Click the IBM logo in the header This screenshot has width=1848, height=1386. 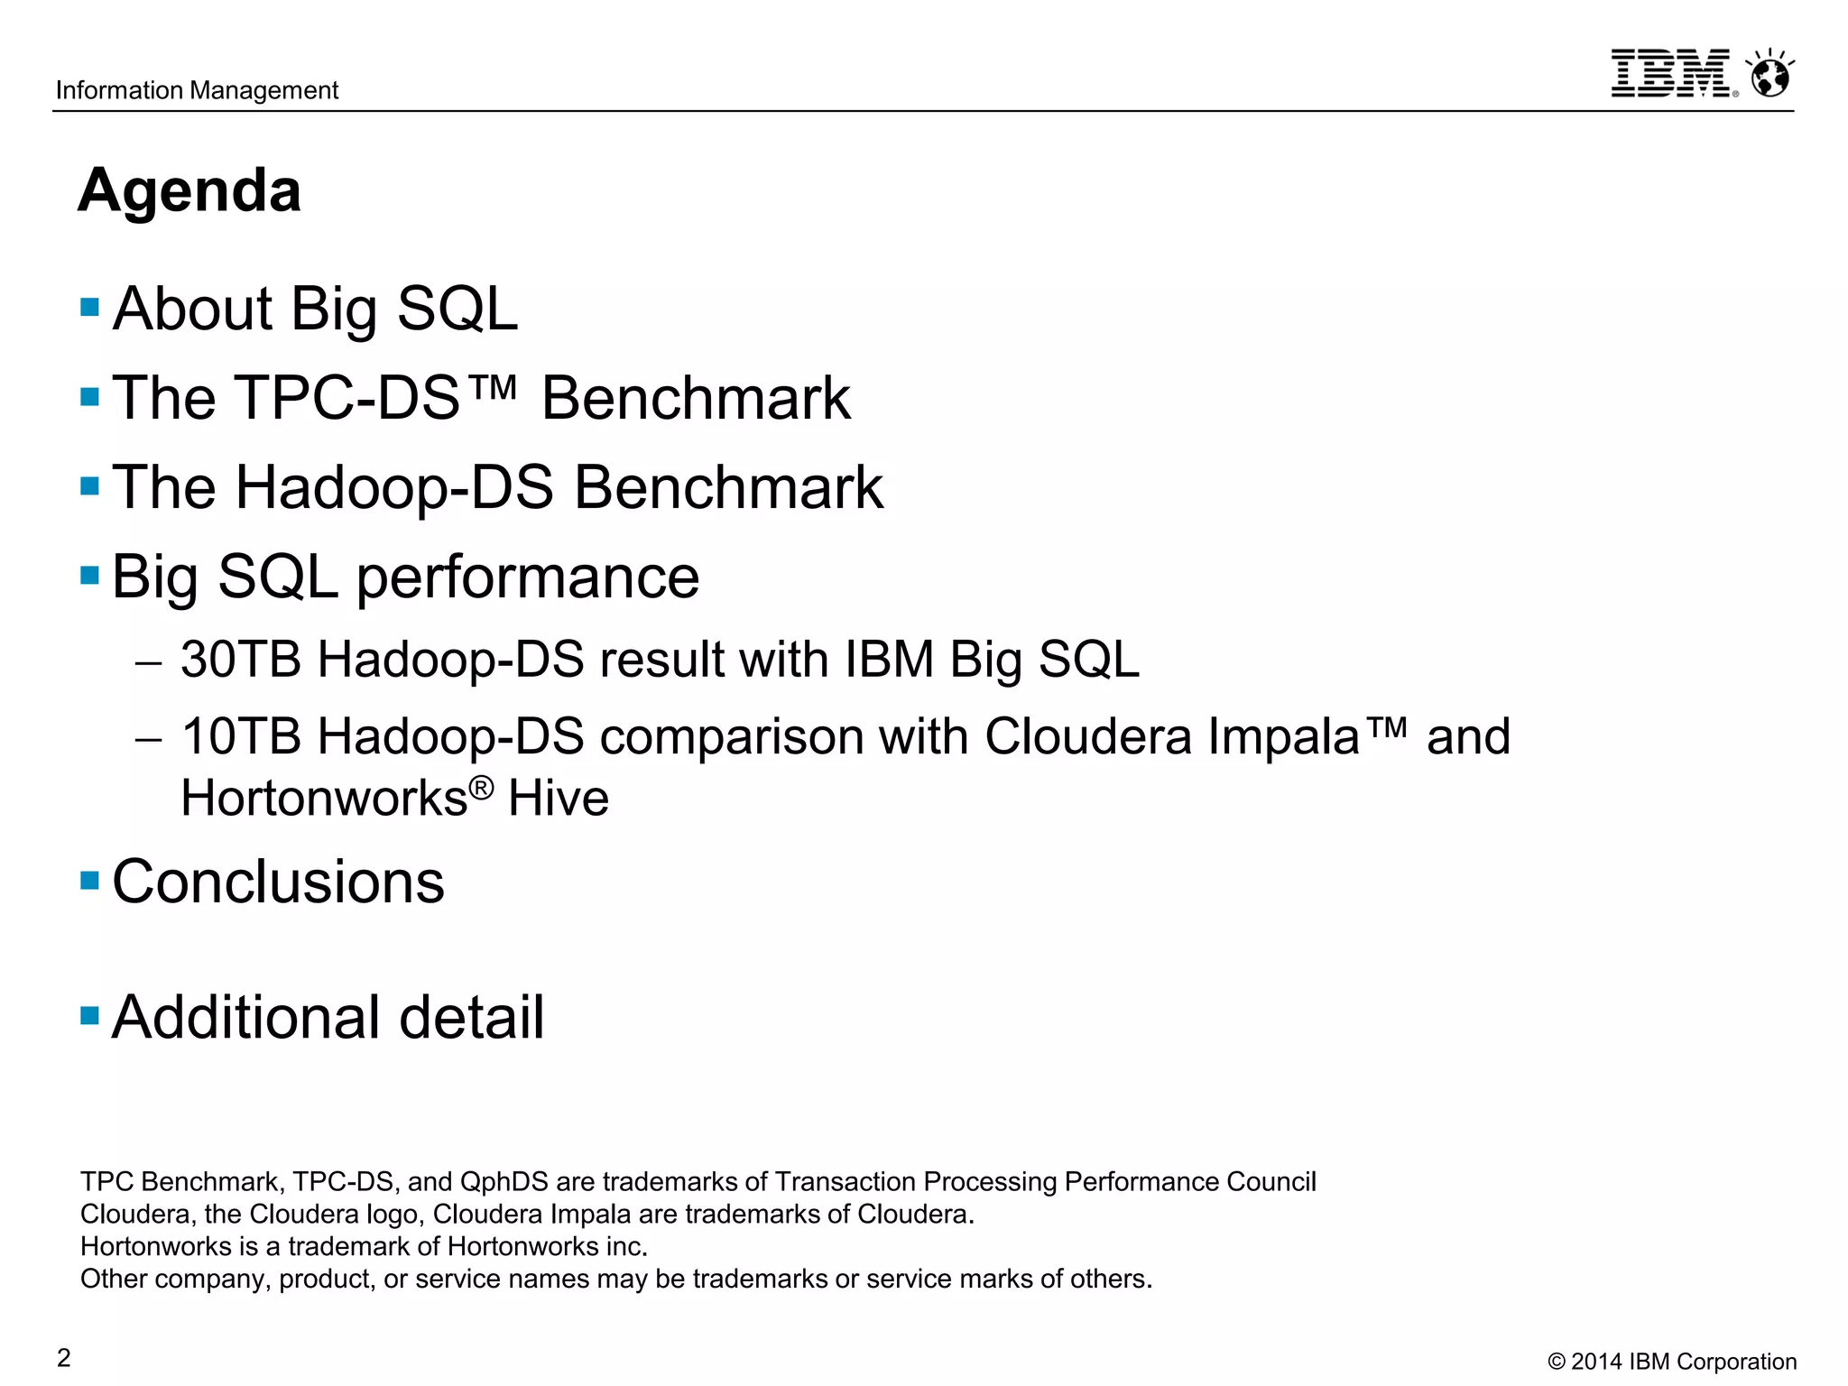coord(1671,73)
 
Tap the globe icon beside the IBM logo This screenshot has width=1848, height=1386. coord(1769,74)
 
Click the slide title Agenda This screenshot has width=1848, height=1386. coord(189,190)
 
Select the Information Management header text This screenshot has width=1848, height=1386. coord(197,90)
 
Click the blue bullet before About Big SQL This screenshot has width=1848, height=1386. coord(89,307)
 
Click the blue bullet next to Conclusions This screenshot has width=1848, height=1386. coord(89,880)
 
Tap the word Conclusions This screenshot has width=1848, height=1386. coord(278,882)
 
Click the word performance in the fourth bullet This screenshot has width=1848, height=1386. coord(528,577)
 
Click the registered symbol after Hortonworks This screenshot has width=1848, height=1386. coord(482,787)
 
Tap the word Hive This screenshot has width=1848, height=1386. coord(559,799)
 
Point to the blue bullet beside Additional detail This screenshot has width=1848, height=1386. coord(89,1016)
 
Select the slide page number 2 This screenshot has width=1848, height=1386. coord(64,1357)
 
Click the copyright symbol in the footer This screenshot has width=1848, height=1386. coord(1557,1362)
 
